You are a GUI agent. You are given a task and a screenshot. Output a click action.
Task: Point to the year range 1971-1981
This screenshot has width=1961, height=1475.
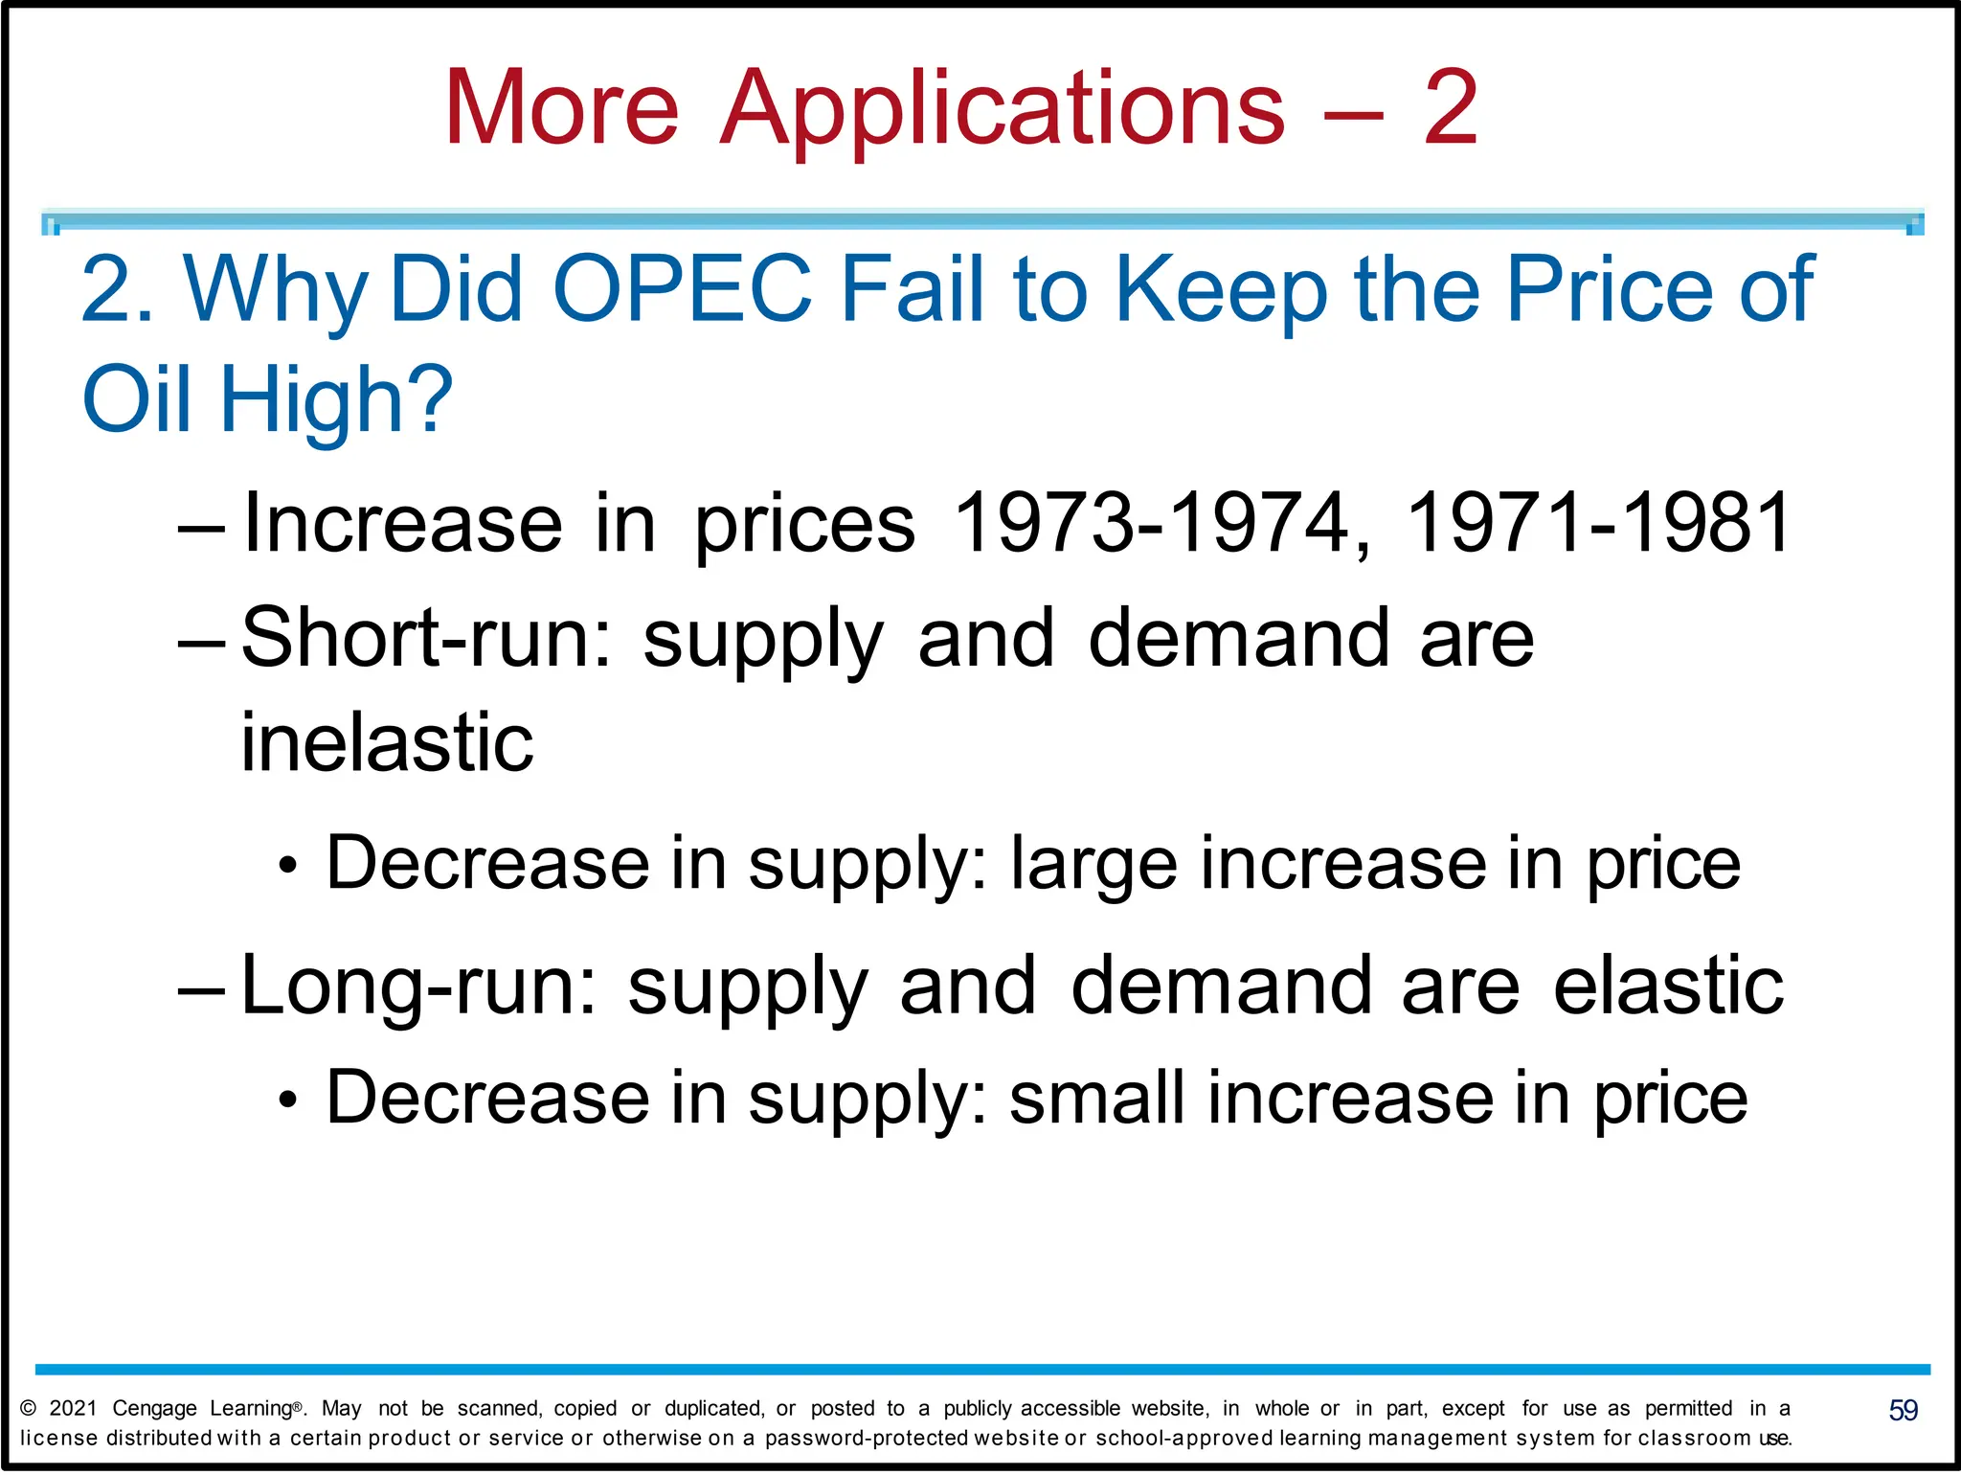(x=1598, y=523)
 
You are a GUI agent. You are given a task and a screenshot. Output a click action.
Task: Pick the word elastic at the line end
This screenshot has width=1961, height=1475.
(x=1668, y=987)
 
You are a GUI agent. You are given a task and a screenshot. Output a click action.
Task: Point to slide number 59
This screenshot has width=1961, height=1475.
(x=1903, y=1410)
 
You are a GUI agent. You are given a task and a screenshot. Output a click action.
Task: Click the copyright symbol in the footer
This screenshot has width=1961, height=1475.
(x=29, y=1408)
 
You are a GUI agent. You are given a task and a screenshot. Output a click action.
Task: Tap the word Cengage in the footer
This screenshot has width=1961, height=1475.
(x=154, y=1409)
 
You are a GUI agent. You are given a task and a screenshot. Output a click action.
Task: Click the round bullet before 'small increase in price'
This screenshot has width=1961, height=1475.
(x=288, y=1101)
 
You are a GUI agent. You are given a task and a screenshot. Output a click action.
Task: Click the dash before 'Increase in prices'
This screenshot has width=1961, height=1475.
(x=202, y=527)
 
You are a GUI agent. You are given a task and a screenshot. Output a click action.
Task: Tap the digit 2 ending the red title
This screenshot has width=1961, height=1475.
(x=1451, y=109)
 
